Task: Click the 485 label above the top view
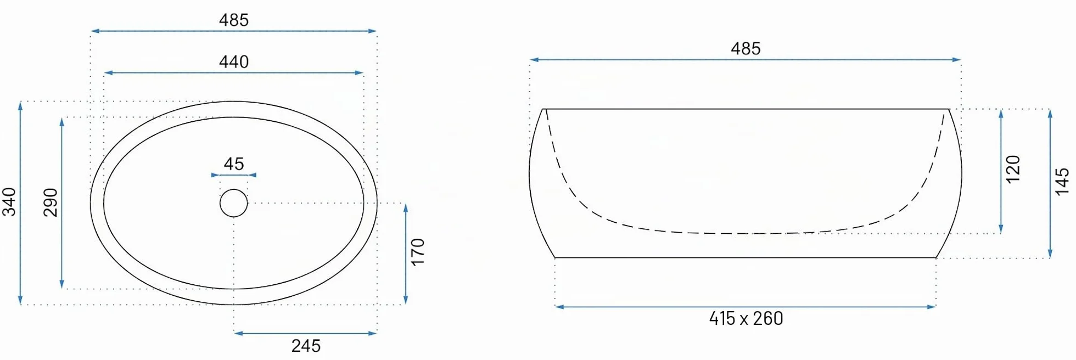point(234,20)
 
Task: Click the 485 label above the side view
point(746,49)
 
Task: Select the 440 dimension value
point(234,62)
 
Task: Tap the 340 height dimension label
point(9,201)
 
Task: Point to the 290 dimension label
point(51,202)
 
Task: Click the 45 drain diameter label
point(234,164)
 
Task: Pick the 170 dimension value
point(418,252)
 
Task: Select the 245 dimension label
point(306,346)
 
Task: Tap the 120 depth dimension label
point(1013,169)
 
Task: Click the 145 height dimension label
point(1062,181)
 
